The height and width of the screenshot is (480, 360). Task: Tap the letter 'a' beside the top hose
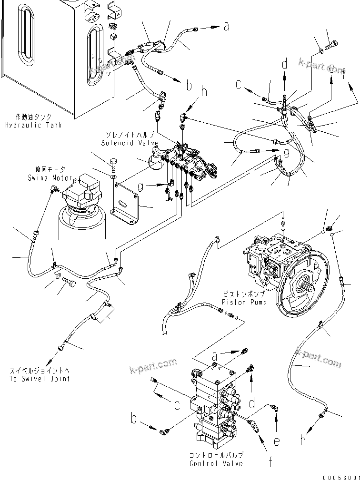pos(227,27)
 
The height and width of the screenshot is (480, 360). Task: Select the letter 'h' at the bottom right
pos(302,440)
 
